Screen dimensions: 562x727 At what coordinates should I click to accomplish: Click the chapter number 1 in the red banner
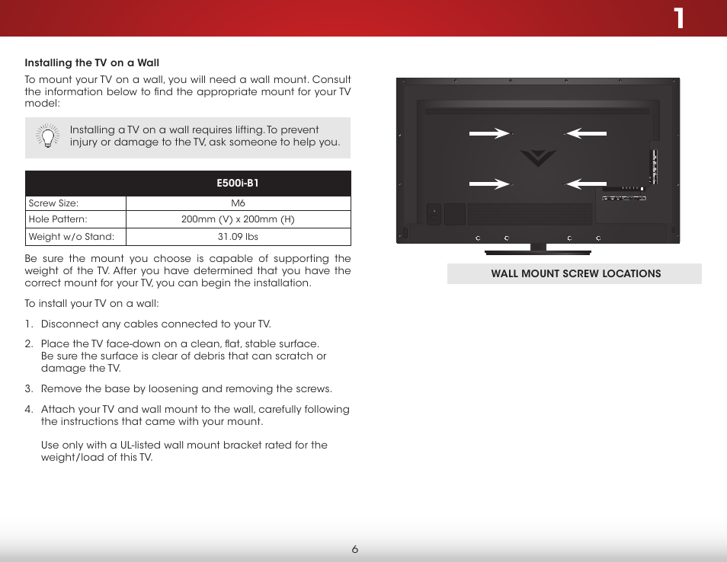pos(678,19)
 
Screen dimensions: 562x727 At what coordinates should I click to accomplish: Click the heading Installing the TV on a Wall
pos(91,62)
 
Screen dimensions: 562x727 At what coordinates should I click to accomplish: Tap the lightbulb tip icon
pos(47,136)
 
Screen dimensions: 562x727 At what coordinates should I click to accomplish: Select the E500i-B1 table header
pos(238,184)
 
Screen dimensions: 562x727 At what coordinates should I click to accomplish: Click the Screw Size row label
pos(53,203)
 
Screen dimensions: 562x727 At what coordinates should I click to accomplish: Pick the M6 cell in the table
pos(238,203)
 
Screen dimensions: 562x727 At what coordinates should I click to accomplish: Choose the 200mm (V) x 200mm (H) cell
pos(238,219)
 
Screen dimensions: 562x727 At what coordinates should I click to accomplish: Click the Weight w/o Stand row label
pos(71,237)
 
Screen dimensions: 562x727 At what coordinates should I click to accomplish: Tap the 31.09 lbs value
pos(238,237)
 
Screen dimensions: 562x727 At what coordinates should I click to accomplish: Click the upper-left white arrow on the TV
pos(489,133)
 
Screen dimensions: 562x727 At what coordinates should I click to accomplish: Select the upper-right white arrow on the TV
pos(586,133)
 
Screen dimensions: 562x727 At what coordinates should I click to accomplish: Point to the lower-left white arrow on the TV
pos(489,184)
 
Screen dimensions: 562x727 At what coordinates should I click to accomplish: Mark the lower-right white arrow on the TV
pos(586,184)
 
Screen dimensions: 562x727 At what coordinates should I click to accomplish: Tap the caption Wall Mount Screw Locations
pos(575,274)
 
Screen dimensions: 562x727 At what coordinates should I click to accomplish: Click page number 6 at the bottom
pos(355,550)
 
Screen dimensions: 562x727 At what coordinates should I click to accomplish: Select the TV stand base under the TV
pos(538,251)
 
